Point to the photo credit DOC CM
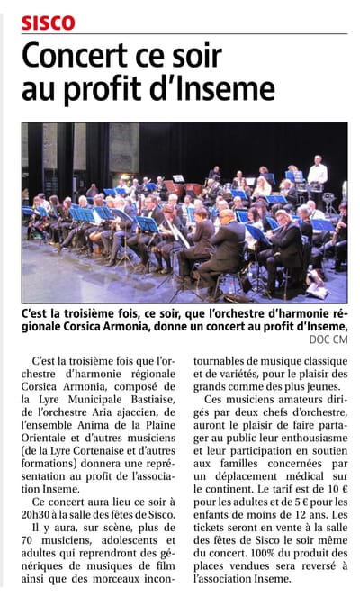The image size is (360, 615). click(x=328, y=339)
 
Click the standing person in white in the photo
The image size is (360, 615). click(x=317, y=174)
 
